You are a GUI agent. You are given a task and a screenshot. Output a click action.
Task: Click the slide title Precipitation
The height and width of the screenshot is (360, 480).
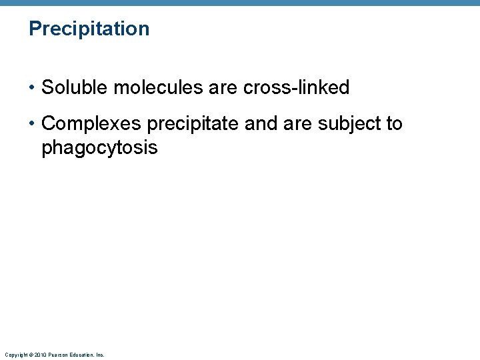[89, 29]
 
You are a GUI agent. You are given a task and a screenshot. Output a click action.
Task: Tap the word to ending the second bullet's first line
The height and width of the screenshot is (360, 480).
[394, 124]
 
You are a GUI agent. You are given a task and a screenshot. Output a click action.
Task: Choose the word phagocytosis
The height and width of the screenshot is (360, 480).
[99, 147]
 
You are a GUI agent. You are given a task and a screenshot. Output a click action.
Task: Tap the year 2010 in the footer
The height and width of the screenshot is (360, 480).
[39, 355]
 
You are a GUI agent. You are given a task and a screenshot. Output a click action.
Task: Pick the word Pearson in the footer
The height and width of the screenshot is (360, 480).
[55, 355]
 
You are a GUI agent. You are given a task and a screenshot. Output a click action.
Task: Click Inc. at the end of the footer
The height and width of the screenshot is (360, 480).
[100, 355]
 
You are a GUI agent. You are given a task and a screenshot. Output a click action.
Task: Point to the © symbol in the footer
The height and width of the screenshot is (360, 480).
[30, 355]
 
